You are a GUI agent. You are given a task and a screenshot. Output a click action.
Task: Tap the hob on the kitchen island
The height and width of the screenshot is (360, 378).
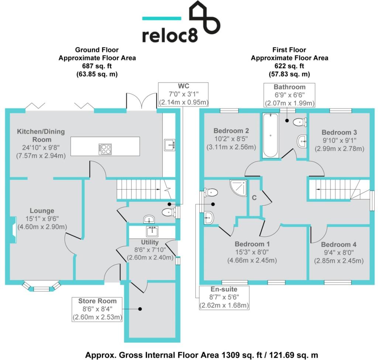[105, 149]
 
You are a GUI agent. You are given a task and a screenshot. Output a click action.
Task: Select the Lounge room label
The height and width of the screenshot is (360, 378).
[42, 211]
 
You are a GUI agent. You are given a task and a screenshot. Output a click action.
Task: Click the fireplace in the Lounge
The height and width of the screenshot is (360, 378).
[13, 229]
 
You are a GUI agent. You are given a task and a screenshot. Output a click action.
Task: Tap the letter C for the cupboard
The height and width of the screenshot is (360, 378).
[254, 197]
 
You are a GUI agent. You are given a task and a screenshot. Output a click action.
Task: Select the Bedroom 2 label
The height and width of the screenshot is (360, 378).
[231, 131]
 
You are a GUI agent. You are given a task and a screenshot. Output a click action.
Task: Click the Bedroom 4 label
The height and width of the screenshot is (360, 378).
[339, 245]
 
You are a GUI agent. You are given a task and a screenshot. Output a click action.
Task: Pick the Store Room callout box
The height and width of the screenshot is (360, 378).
[97, 309]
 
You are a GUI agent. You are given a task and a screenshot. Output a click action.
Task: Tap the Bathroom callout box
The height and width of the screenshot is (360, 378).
[289, 95]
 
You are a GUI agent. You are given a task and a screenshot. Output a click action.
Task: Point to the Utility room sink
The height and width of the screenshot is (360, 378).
[152, 232]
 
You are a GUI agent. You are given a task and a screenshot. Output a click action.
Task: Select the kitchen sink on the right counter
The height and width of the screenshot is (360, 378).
[169, 145]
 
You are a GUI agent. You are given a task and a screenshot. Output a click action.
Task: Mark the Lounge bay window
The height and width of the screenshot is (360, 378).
[41, 287]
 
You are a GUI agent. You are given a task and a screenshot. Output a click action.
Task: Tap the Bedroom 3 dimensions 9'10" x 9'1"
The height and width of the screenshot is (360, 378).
[339, 141]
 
